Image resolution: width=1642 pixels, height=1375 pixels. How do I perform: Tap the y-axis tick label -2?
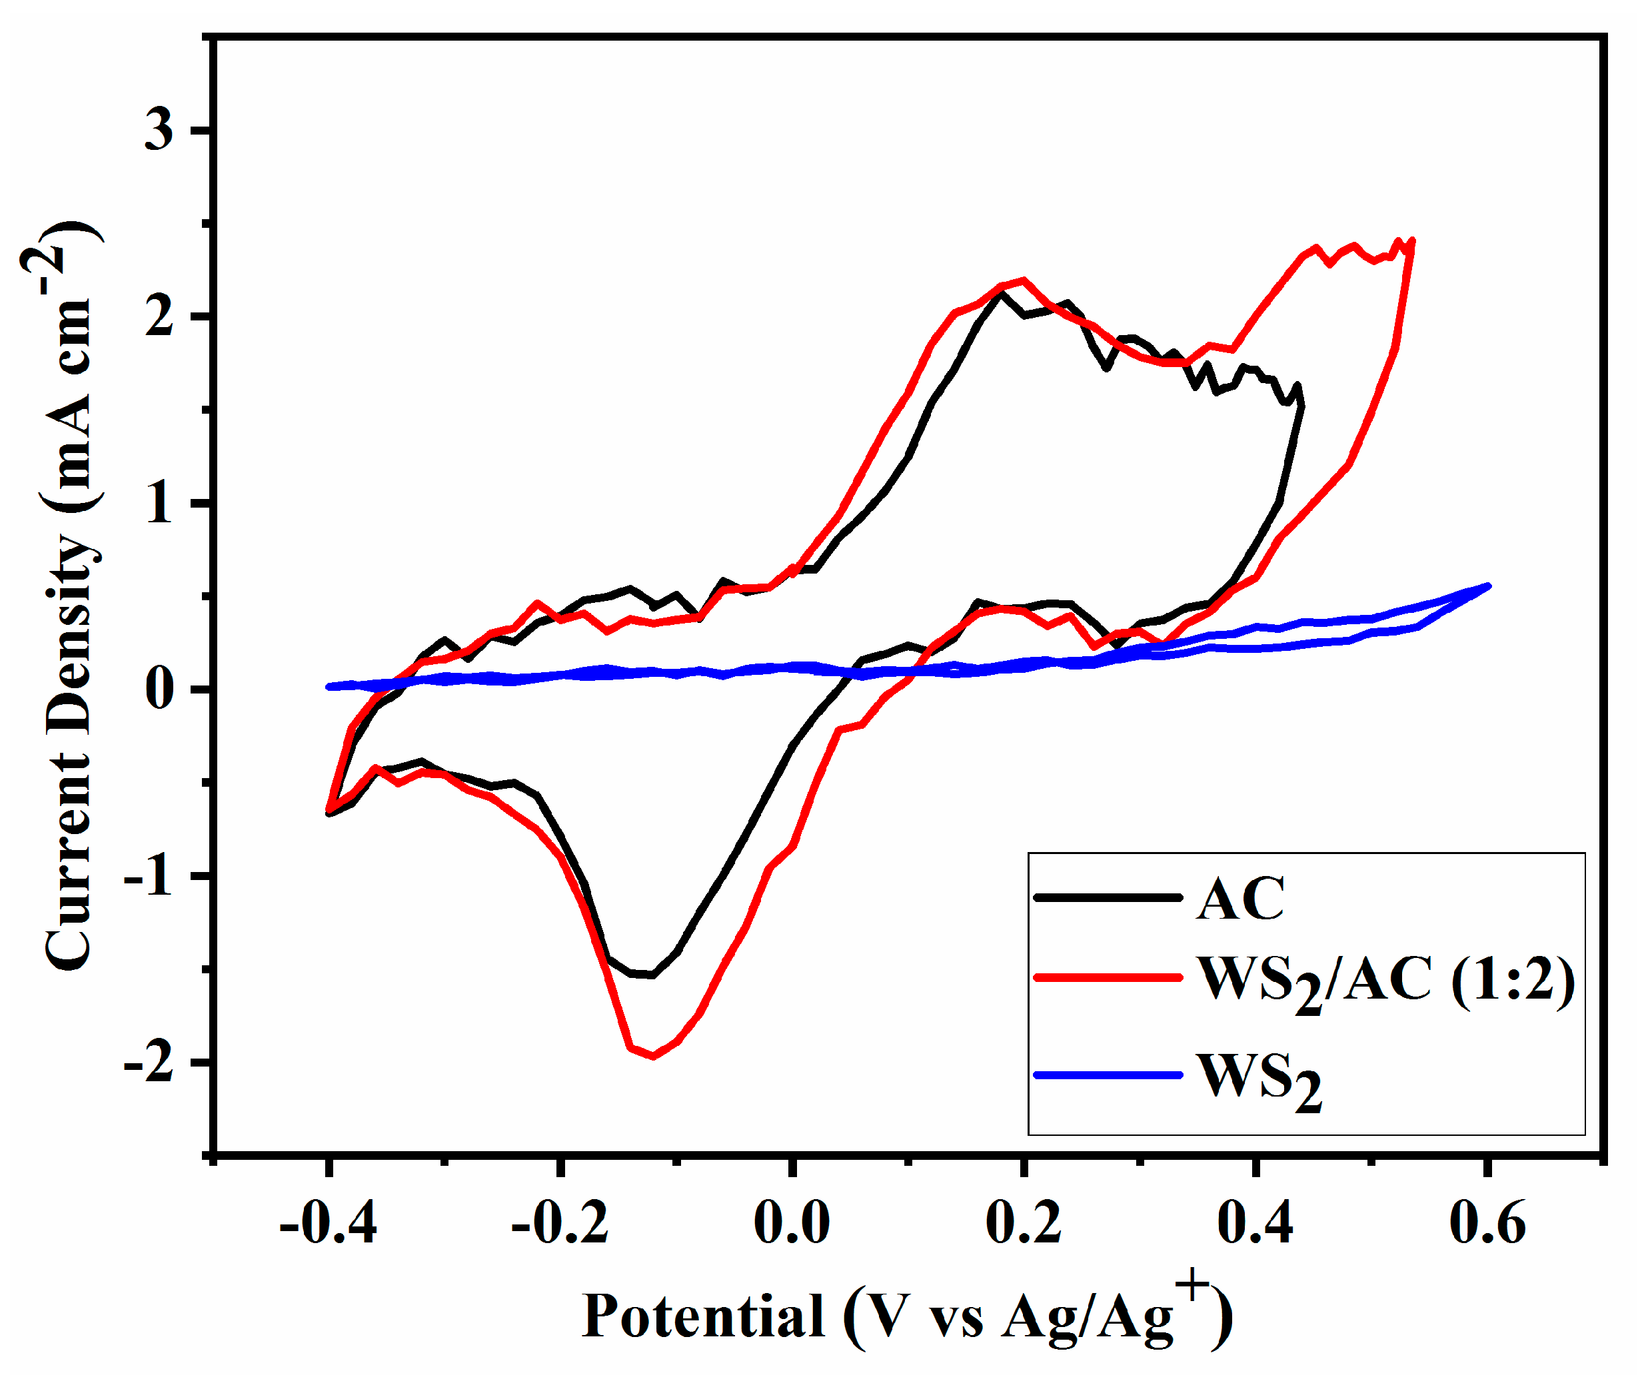(x=149, y=1063)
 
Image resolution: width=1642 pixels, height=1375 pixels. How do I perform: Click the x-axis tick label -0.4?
(x=328, y=1222)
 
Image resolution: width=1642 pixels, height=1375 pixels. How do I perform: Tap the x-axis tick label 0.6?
(x=1487, y=1222)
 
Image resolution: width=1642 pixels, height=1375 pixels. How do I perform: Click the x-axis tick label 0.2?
(x=1023, y=1222)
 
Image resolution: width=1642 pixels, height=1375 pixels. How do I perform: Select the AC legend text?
(x=1240, y=899)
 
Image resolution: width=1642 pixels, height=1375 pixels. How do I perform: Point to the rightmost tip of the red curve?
(x=1413, y=240)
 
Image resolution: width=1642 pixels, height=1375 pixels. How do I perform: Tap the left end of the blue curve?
(x=329, y=686)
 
